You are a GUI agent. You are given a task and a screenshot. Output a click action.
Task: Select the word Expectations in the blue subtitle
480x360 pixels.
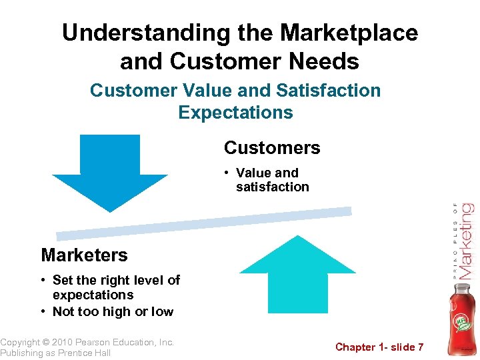click(235, 112)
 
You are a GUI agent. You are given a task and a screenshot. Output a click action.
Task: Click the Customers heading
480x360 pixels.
click(272, 148)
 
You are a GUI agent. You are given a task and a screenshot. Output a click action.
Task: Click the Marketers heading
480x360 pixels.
click(84, 255)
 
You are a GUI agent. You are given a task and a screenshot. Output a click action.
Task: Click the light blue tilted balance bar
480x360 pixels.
click(203, 223)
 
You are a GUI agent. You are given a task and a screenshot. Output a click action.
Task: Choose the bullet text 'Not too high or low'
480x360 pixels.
click(113, 311)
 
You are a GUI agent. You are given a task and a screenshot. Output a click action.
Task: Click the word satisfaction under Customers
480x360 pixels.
click(272, 187)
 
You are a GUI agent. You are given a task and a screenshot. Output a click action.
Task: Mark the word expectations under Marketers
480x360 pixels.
click(93, 295)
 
